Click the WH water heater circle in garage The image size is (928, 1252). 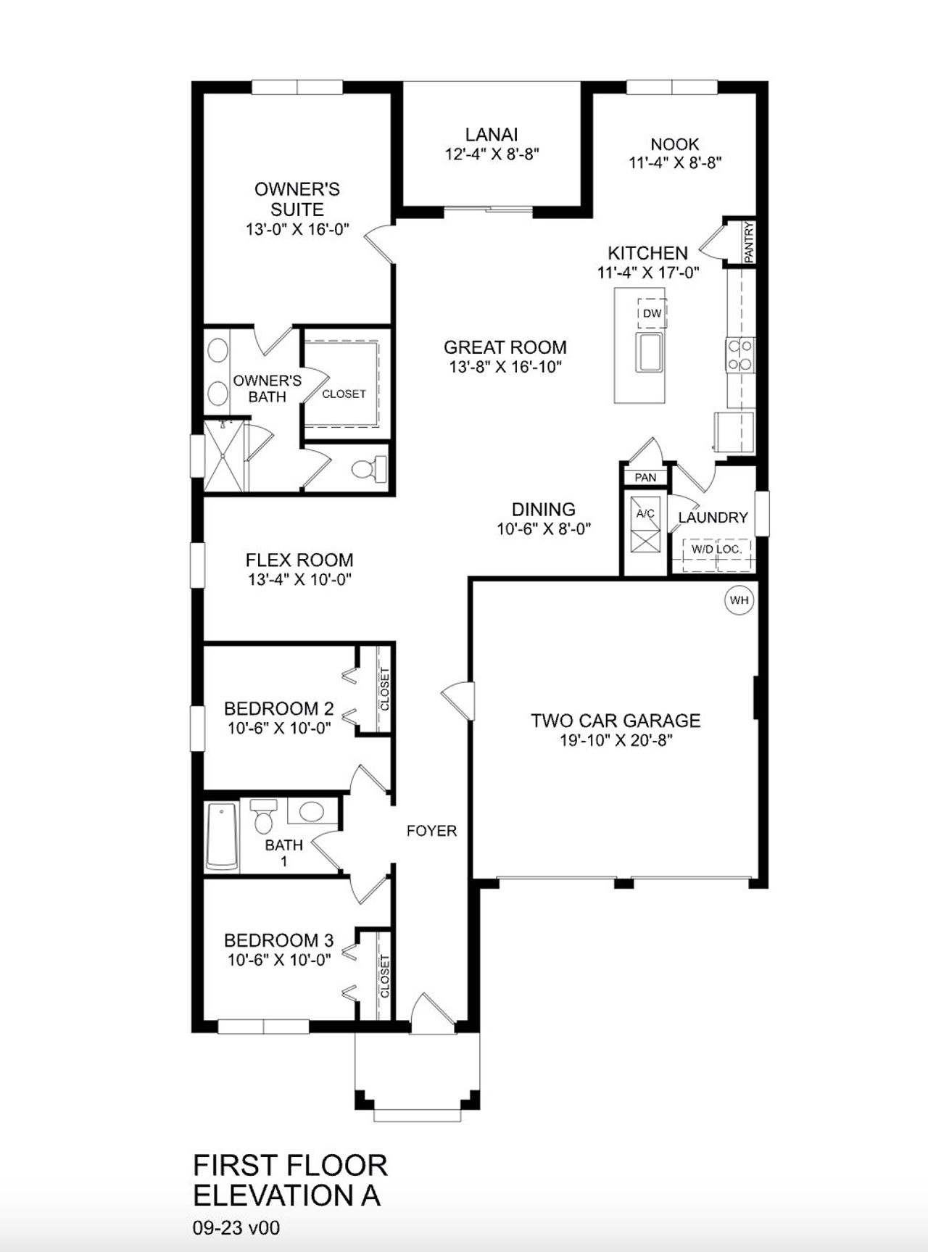(739, 600)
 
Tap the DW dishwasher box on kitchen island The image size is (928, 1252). (652, 313)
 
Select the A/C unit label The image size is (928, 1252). (645, 514)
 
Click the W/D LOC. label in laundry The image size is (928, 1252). (716, 550)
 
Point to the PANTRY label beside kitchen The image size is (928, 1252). (749, 242)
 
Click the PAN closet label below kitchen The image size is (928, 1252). (645, 477)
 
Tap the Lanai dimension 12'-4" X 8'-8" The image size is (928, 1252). (492, 154)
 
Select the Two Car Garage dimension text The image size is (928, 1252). (616, 741)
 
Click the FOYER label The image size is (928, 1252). (431, 831)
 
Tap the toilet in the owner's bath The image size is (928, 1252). (369, 470)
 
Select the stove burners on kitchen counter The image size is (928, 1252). (739, 355)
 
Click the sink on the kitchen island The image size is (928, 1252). (650, 352)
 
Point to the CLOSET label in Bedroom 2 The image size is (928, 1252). (384, 689)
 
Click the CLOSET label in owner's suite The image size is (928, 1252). (344, 394)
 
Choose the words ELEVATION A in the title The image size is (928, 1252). (286, 1195)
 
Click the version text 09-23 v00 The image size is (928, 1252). (236, 1227)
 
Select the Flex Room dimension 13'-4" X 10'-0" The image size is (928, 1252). (299, 579)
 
